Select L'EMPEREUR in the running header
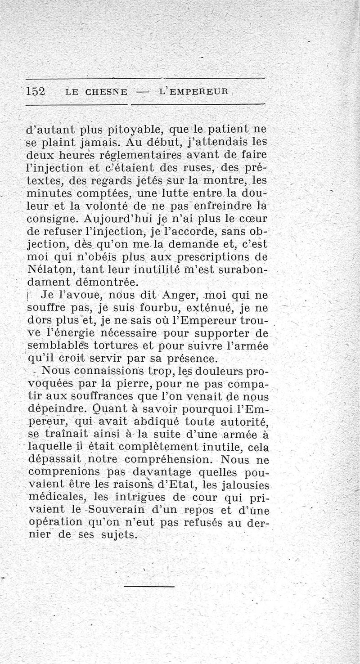click(x=194, y=91)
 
